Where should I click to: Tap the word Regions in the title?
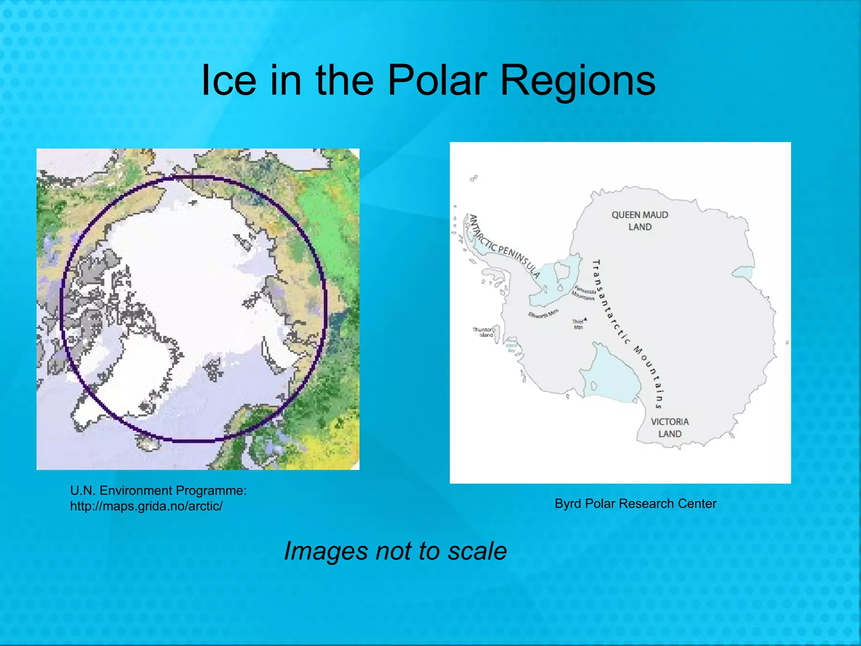point(578,81)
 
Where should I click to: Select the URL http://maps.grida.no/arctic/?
point(146,506)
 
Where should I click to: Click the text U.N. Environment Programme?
point(158,490)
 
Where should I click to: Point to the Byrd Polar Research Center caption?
point(635,504)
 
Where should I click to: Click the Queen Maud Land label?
point(640,221)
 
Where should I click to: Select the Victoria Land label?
point(670,428)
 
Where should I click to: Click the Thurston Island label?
point(483,332)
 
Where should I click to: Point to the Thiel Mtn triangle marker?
point(585,319)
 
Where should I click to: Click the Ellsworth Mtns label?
point(544,313)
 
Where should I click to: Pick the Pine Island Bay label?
point(512,345)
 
